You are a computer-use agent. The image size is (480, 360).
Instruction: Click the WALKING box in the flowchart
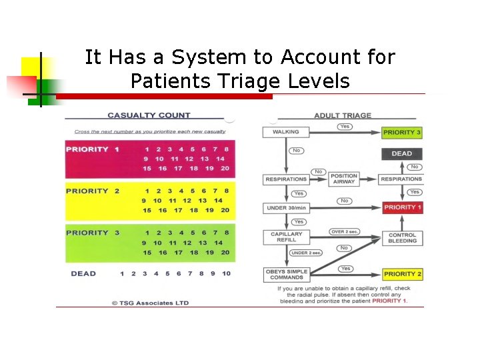pos(285,132)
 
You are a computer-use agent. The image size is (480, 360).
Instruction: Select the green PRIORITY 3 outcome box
pos(402,132)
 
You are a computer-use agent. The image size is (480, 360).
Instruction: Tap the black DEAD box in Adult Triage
pos(402,153)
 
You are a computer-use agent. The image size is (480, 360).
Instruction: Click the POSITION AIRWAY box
pos(344,179)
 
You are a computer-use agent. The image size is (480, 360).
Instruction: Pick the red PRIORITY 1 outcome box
pos(402,207)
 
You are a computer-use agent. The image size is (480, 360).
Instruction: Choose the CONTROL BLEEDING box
pos(402,238)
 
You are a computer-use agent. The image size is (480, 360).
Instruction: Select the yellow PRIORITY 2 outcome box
pos(402,274)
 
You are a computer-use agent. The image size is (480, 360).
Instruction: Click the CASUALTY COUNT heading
pos(149,115)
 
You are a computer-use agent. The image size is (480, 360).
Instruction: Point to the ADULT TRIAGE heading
pos(343,115)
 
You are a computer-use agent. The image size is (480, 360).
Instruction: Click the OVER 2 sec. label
pos(344,231)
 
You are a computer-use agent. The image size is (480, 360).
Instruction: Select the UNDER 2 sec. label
pos(306,253)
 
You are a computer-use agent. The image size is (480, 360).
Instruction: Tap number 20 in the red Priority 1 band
pos(225,169)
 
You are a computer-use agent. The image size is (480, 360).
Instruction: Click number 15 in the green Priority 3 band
pos(147,253)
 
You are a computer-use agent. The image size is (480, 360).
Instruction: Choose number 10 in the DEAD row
pos(226,273)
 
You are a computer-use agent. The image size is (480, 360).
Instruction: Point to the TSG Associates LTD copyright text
pos(150,303)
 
